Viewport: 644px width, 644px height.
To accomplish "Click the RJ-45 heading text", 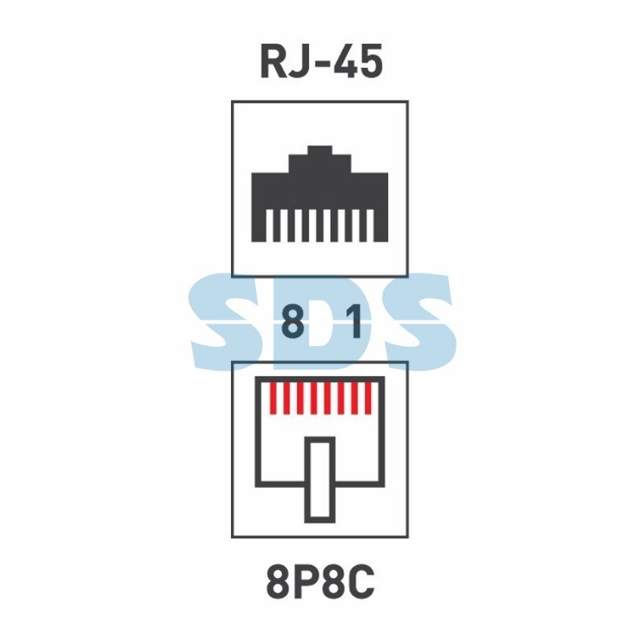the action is click(321, 62).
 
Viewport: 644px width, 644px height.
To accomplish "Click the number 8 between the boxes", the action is click(293, 320).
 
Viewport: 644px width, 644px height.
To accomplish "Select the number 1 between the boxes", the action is click(354, 320).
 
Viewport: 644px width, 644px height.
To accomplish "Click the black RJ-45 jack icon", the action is click(320, 193).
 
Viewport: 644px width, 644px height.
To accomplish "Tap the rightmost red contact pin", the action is click(368, 398).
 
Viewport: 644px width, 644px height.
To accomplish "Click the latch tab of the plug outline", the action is click(320, 479).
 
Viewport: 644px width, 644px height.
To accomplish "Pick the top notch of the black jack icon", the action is click(320, 150).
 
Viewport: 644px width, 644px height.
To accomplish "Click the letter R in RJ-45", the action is click(273, 62).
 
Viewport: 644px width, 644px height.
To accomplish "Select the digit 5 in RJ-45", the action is click(371, 62).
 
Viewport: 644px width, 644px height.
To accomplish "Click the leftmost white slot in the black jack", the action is click(269, 225).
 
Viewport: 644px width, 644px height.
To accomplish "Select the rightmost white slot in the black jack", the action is click(370, 225).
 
